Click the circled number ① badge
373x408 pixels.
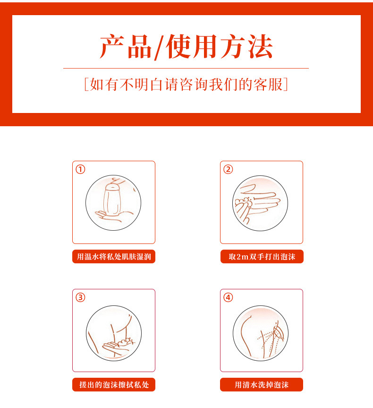click(80, 169)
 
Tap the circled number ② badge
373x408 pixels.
click(228, 169)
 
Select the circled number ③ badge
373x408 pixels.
click(80, 297)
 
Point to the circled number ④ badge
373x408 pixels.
click(228, 297)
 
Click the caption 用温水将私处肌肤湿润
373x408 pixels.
click(114, 257)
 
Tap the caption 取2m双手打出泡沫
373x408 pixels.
click(262, 257)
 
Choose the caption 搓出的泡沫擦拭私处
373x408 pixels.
click(114, 384)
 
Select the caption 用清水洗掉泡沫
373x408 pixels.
click(262, 384)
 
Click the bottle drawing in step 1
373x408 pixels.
click(112, 200)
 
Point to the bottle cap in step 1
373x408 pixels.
click(112, 188)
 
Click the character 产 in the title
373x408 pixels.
click(112, 47)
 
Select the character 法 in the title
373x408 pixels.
click(261, 47)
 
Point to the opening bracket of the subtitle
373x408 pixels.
click(87, 84)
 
